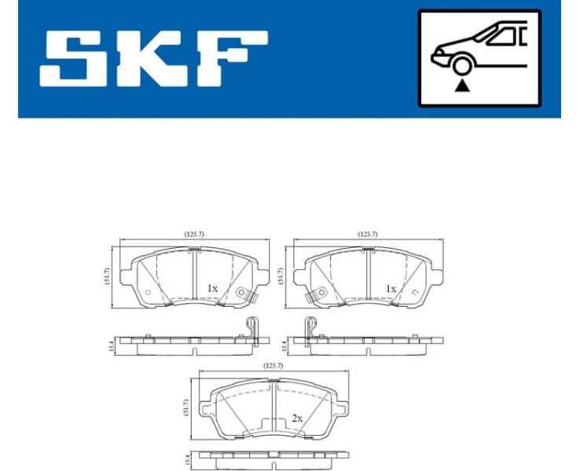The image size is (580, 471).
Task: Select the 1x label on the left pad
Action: pyautogui.click(x=212, y=288)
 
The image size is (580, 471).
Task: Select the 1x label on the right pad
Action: pyautogui.click(x=391, y=288)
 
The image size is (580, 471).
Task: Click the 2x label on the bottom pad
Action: pyautogui.click(x=296, y=418)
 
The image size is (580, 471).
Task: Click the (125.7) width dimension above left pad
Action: pyautogui.click(x=194, y=234)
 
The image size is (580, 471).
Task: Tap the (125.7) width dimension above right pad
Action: pyautogui.click(x=368, y=234)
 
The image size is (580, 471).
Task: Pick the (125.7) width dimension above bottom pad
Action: pyautogui.click(x=274, y=365)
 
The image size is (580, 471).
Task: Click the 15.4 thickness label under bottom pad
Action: pyautogui.click(x=187, y=457)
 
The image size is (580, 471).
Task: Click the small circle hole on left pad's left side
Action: pyautogui.click(x=148, y=293)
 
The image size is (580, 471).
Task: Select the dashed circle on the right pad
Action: pyautogui.click(x=414, y=293)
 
